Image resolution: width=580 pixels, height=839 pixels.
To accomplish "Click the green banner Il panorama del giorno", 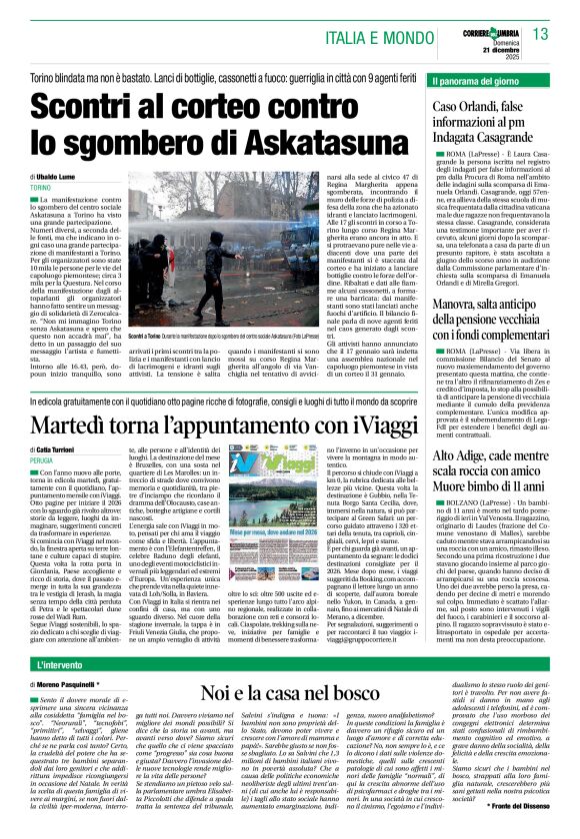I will tap(481, 79).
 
